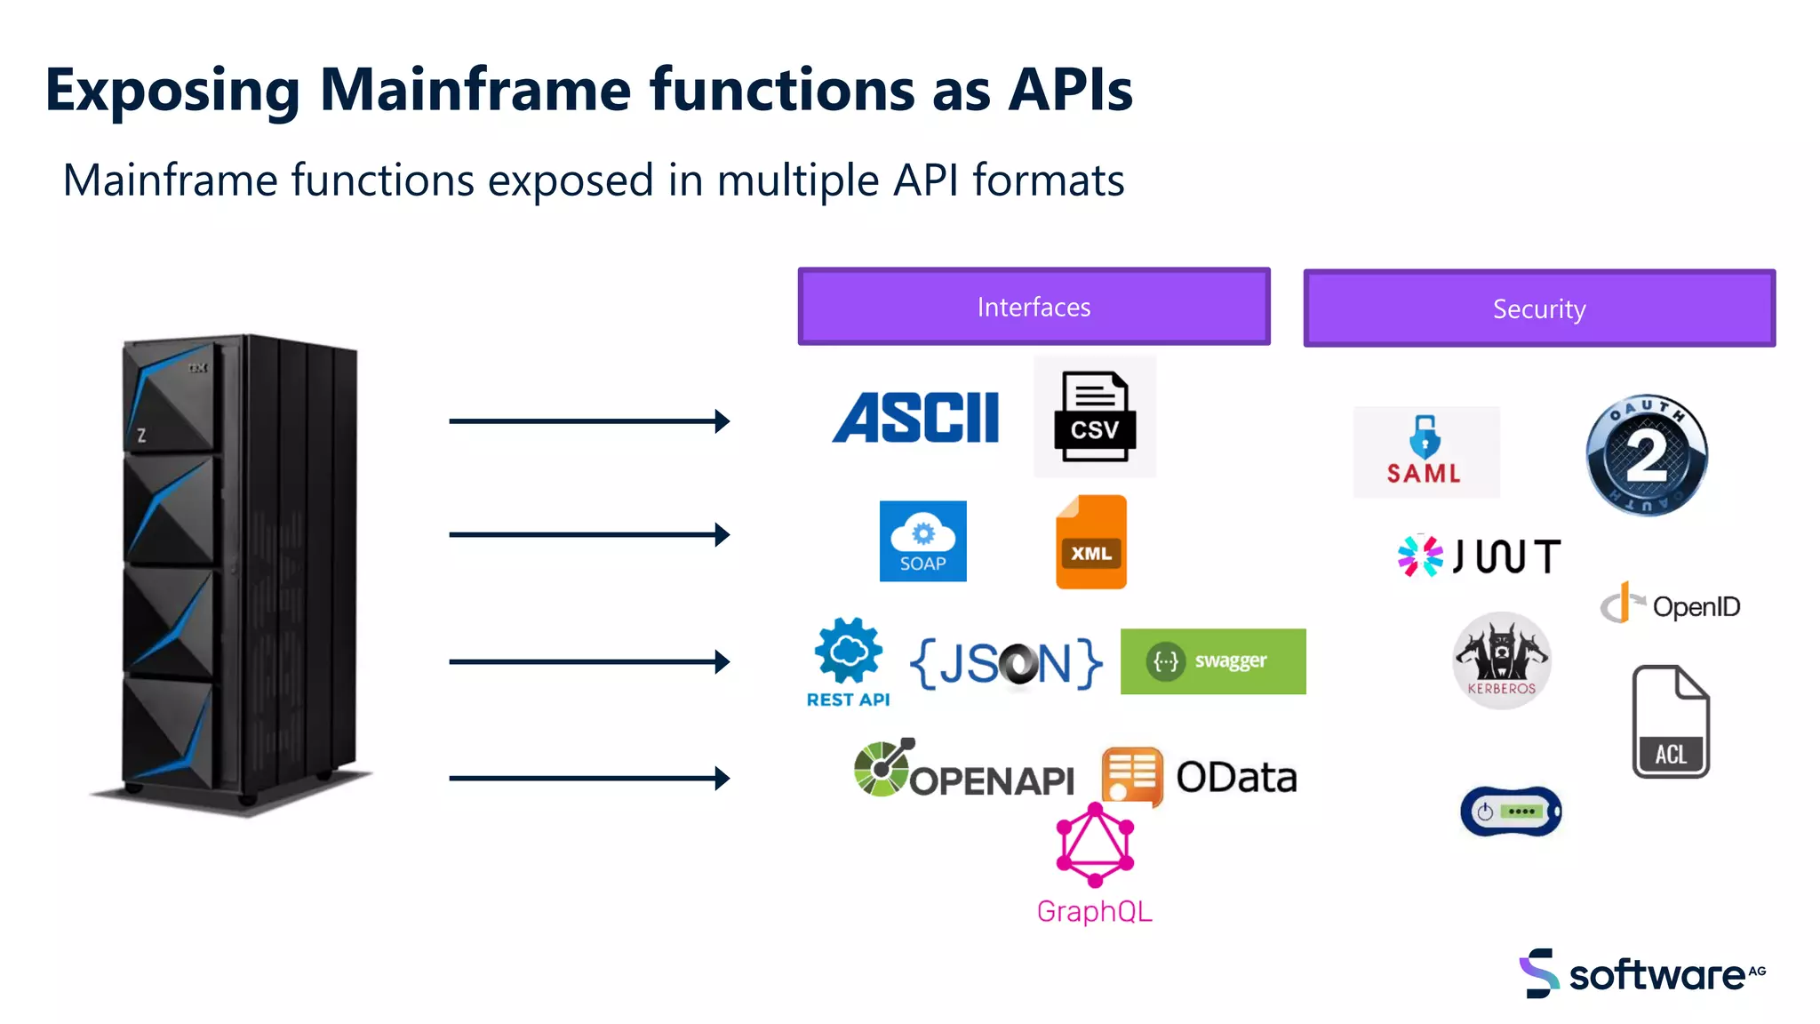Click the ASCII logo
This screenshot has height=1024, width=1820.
(x=915, y=418)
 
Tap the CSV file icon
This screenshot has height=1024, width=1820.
(x=1094, y=417)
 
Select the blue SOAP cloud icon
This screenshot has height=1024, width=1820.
(x=922, y=540)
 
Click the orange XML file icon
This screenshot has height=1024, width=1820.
(x=1090, y=542)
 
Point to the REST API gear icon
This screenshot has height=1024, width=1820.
(x=849, y=653)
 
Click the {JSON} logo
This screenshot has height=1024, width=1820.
(x=1005, y=663)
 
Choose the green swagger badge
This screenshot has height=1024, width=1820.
(x=1212, y=661)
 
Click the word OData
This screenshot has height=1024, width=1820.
(x=1236, y=778)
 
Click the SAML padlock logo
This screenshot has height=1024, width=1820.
(x=1425, y=452)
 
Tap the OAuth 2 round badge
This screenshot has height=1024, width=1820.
(x=1646, y=455)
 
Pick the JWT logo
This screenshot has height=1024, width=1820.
(x=1479, y=556)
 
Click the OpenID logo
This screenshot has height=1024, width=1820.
(x=1670, y=605)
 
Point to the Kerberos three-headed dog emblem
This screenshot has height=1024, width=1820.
(x=1501, y=660)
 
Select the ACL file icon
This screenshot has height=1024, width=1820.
(x=1670, y=721)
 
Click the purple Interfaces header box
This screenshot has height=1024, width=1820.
(x=1034, y=307)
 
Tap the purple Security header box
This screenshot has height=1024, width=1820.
(x=1538, y=308)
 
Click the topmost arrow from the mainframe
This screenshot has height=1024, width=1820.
(x=588, y=420)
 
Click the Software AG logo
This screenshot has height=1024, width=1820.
(x=1641, y=973)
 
